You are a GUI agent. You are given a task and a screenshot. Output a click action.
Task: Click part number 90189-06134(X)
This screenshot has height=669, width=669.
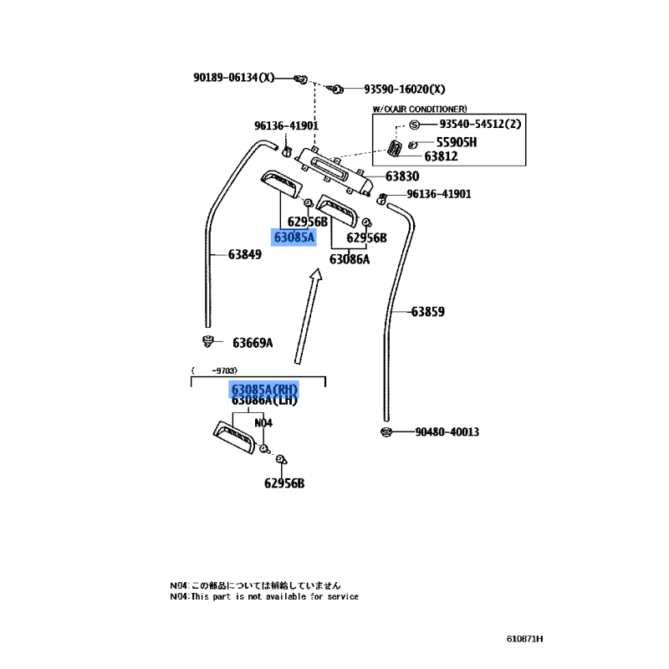click(x=233, y=78)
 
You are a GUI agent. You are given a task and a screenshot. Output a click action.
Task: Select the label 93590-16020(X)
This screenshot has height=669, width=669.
click(x=404, y=89)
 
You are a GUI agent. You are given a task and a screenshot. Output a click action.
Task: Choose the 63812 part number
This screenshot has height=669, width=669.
click(x=441, y=156)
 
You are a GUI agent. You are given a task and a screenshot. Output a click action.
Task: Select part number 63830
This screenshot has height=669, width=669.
click(x=402, y=176)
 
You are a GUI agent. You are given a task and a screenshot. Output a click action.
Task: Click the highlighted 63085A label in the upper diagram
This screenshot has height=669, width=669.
click(x=294, y=237)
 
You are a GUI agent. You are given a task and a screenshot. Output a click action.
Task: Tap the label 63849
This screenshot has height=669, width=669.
click(x=245, y=254)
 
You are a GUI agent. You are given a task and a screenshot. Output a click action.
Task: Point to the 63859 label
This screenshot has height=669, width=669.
click(x=427, y=312)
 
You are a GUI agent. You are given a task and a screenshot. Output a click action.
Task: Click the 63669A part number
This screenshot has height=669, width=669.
click(x=253, y=342)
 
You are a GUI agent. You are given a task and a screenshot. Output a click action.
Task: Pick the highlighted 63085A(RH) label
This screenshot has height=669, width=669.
click(x=264, y=390)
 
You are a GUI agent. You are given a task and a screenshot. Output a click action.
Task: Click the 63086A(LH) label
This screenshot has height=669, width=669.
click(x=264, y=401)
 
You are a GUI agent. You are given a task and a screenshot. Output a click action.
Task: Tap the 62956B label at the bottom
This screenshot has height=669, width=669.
click(x=284, y=483)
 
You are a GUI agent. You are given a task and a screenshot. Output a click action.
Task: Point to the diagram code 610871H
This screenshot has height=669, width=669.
click(x=524, y=640)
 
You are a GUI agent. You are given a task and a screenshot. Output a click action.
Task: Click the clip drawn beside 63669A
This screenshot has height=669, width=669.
click(x=207, y=340)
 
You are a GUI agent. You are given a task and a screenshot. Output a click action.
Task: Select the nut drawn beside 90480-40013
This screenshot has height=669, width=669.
click(x=386, y=432)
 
